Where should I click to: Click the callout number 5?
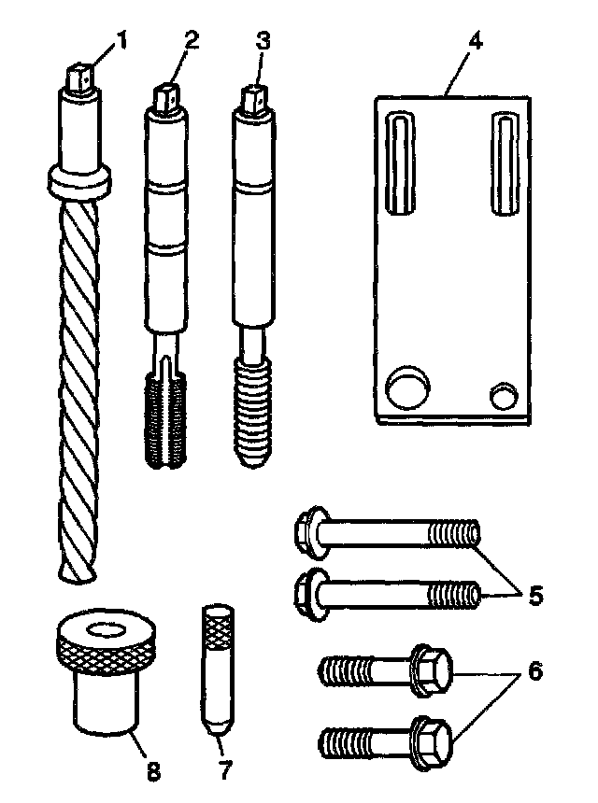[x=535, y=595]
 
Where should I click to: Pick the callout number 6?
[x=534, y=670]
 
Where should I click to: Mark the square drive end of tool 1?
[x=82, y=76]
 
